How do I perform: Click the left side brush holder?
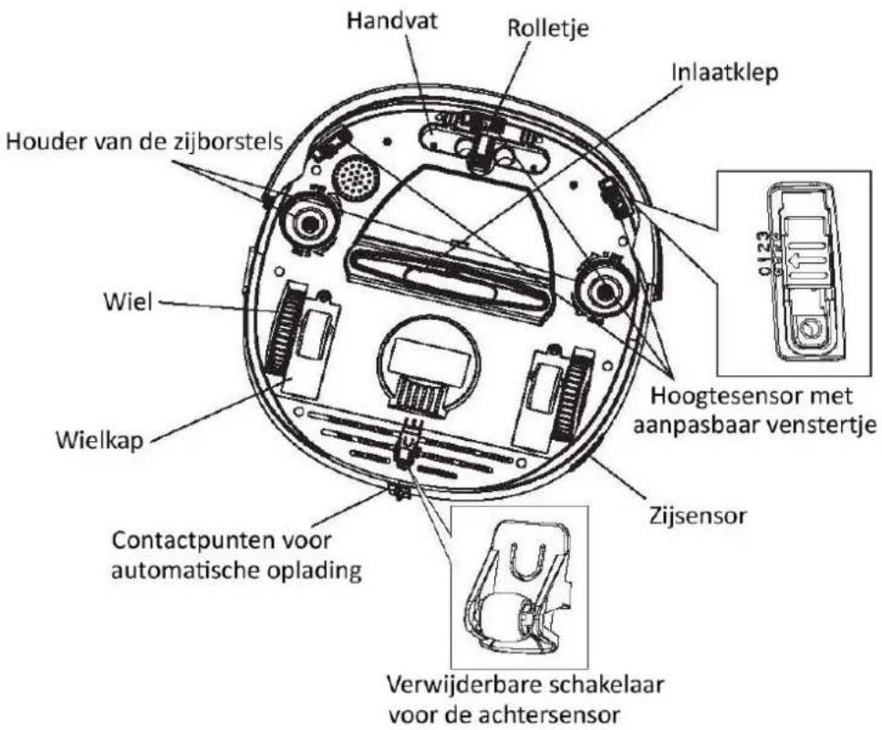pyautogui.click(x=309, y=222)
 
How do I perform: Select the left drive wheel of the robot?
pyautogui.click(x=285, y=334)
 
